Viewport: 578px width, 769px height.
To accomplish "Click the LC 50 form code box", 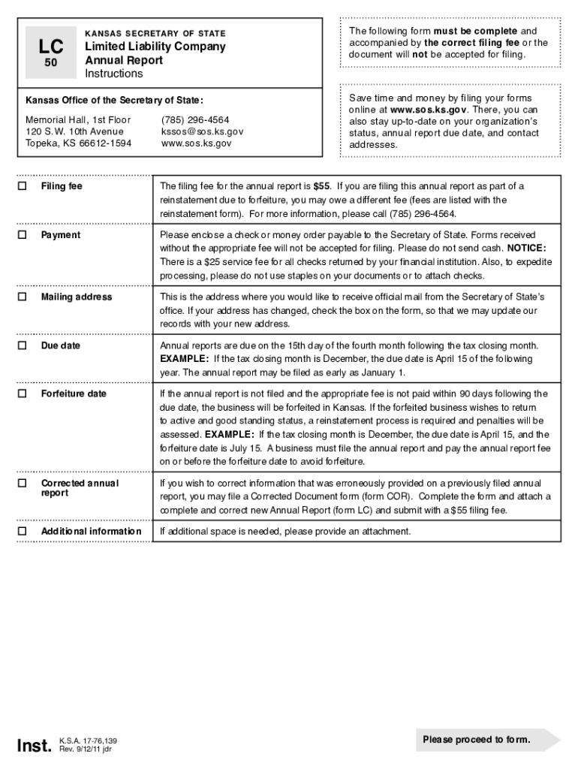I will pyautogui.click(x=50, y=53).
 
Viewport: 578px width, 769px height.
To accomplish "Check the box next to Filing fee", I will pyautogui.click(x=23, y=186).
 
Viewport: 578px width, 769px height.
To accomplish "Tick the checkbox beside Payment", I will pyautogui.click(x=23, y=235).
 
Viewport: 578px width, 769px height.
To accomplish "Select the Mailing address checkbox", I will pyautogui.click(x=23, y=297).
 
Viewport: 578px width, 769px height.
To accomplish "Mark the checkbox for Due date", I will pyautogui.click(x=23, y=345).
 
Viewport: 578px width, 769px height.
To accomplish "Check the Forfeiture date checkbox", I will pyautogui.click(x=23, y=394).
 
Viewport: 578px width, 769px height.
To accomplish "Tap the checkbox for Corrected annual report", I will pyautogui.click(x=23, y=483).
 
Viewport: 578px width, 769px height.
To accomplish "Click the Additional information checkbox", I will pyautogui.click(x=23, y=532).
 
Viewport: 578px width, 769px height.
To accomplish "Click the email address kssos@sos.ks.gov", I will pyautogui.click(x=202, y=131).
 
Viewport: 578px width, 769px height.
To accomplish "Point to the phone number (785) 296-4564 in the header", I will pyautogui.click(x=195, y=120).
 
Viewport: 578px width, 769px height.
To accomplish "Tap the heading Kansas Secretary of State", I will pyautogui.click(x=155, y=34).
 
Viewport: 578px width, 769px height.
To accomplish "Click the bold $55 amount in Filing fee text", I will pyautogui.click(x=323, y=186).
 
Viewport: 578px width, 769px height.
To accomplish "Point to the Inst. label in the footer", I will pyautogui.click(x=35, y=745).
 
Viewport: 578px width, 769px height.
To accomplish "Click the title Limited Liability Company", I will pyautogui.click(x=155, y=47).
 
